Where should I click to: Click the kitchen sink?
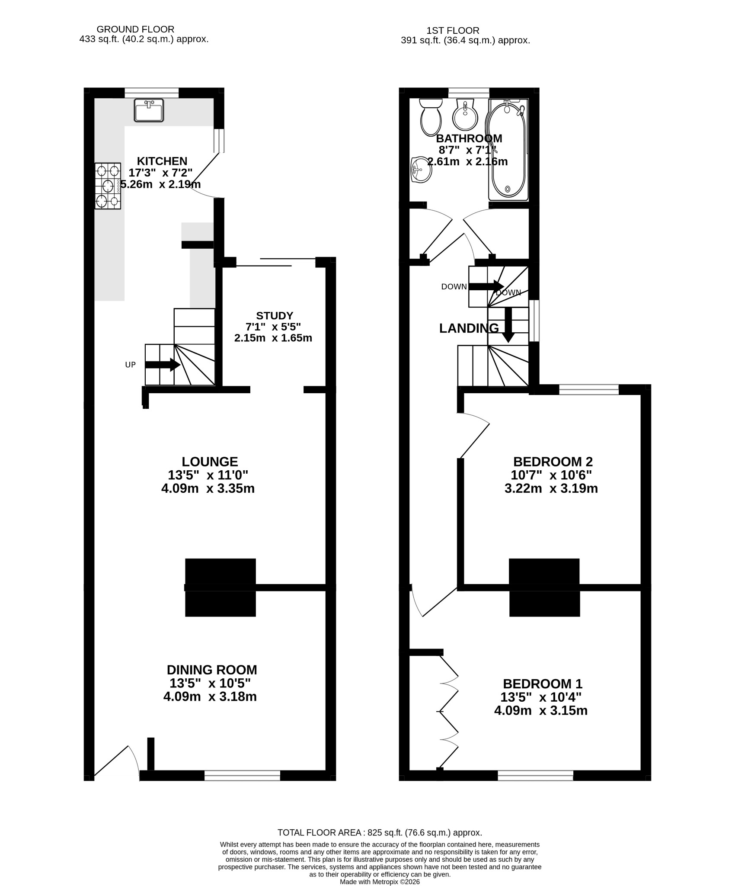tap(149, 110)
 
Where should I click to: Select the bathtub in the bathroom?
tap(508, 150)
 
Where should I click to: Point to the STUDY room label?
tap(275, 316)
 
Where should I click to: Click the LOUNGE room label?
tap(210, 462)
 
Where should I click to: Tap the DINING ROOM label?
tap(212, 670)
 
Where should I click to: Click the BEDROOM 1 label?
tap(543, 684)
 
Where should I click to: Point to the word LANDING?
tap(469, 329)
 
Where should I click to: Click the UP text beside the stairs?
tap(131, 365)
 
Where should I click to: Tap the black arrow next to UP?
tap(163, 365)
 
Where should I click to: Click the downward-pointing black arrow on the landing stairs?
tap(508, 325)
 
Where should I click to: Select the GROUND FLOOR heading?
tap(135, 29)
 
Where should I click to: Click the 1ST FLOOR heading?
tap(453, 31)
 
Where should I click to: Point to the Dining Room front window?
tap(242, 776)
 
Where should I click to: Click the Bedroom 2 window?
tap(589, 389)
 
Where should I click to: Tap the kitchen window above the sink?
tap(152, 93)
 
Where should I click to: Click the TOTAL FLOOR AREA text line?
tap(380, 832)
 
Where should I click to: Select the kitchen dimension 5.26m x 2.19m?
tap(160, 184)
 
